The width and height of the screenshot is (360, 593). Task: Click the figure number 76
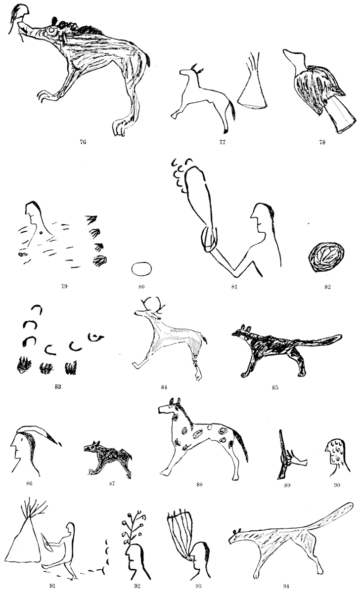(83, 142)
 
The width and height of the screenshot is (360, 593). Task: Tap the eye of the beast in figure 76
(51, 31)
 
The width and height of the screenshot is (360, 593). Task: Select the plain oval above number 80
(141, 269)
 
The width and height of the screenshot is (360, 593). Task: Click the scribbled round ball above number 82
(327, 257)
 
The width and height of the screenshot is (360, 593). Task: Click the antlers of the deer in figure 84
(153, 304)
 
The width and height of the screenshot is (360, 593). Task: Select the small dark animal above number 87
(108, 458)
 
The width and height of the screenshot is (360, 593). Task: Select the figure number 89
(287, 485)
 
